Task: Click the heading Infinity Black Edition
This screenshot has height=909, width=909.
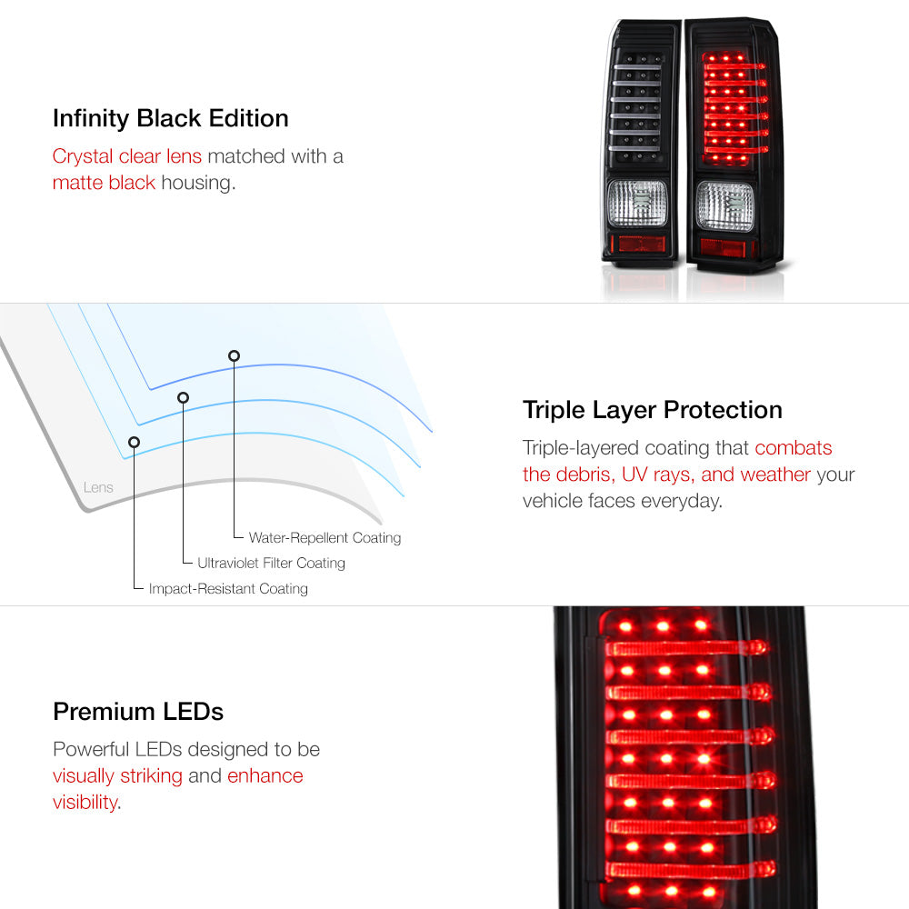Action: (x=171, y=119)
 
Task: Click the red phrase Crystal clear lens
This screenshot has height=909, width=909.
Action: (x=127, y=156)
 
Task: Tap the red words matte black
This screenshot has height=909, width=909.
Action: (x=104, y=183)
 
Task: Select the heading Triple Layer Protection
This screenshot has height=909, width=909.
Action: (x=652, y=411)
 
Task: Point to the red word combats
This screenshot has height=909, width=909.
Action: (x=793, y=447)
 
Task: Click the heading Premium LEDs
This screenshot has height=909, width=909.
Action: (x=138, y=712)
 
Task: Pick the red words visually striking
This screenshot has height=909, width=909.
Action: (x=117, y=776)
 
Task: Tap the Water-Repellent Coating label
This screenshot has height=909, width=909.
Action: (x=325, y=538)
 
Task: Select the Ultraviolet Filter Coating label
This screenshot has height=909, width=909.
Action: (x=271, y=563)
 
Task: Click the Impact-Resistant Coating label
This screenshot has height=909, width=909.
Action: (x=228, y=588)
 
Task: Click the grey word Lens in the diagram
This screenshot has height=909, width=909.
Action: (x=98, y=487)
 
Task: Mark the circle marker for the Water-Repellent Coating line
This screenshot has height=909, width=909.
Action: (x=235, y=356)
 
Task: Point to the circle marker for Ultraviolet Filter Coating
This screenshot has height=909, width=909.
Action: (x=184, y=398)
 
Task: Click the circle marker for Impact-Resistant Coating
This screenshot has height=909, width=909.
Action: (x=134, y=443)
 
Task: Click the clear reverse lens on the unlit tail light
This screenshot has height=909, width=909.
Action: (x=637, y=203)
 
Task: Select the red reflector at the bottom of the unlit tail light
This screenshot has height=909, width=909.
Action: (x=642, y=244)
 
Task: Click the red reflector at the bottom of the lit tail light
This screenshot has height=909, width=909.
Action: (x=723, y=248)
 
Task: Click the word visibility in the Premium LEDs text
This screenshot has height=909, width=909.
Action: (x=85, y=803)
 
